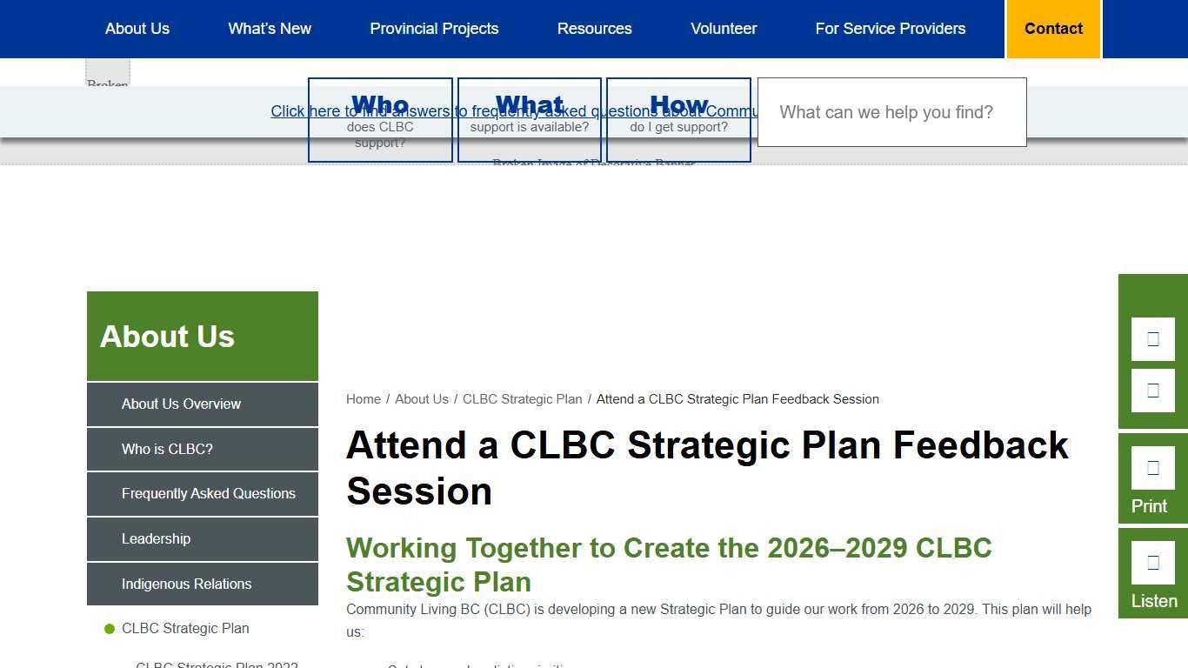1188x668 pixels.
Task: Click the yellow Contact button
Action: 1053,29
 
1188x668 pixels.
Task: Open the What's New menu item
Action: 270,29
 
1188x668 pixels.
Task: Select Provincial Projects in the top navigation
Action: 434,29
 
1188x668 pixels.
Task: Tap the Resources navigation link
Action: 594,29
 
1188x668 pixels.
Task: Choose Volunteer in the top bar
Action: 724,29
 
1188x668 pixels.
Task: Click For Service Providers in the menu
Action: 890,29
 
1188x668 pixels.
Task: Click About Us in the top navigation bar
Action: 137,29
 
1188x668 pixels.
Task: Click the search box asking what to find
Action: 891,112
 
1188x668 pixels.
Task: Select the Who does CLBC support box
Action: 380,120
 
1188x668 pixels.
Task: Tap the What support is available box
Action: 530,120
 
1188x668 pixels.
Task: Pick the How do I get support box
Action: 679,120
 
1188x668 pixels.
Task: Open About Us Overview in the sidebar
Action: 181,404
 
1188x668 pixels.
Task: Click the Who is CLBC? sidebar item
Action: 167,449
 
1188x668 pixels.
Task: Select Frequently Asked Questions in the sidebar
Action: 209,493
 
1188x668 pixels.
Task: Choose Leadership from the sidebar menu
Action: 156,538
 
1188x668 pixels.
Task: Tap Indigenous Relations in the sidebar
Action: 186,584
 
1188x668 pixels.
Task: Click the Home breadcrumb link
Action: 364,399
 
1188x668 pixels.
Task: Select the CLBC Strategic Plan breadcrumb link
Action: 522,399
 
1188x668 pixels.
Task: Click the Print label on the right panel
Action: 1149,506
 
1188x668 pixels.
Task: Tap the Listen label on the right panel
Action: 1154,601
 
